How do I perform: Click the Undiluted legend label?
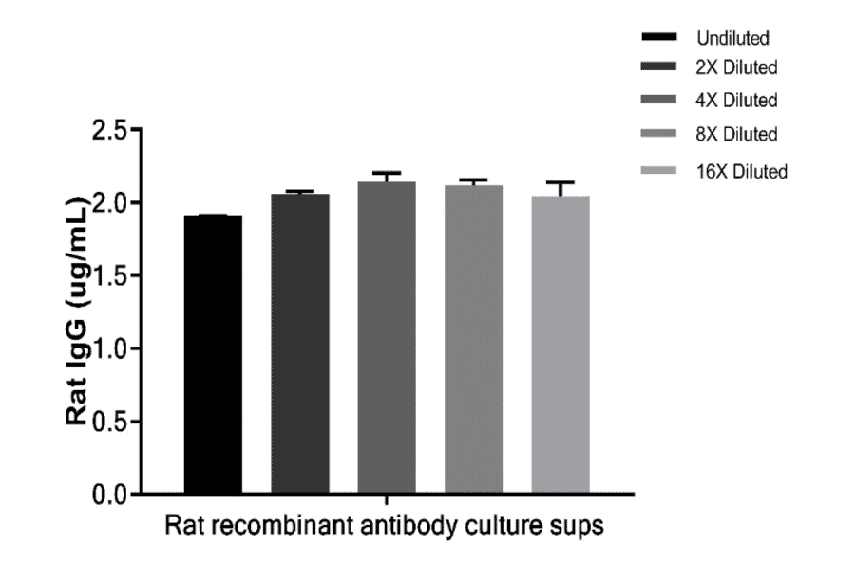click(731, 39)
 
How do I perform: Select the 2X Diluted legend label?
click(737, 68)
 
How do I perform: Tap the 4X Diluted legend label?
click(737, 100)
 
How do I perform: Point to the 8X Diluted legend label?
click(737, 134)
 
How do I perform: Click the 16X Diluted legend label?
click(741, 171)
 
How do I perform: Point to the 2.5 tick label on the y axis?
click(109, 130)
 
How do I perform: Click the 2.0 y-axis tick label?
click(109, 203)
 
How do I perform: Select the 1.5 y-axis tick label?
click(109, 276)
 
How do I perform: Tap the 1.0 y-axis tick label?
click(109, 348)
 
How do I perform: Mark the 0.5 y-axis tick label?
click(109, 422)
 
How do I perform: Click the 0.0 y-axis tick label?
click(109, 494)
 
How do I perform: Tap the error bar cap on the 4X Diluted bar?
click(387, 173)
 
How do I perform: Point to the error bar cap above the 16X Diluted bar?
click(560, 182)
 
